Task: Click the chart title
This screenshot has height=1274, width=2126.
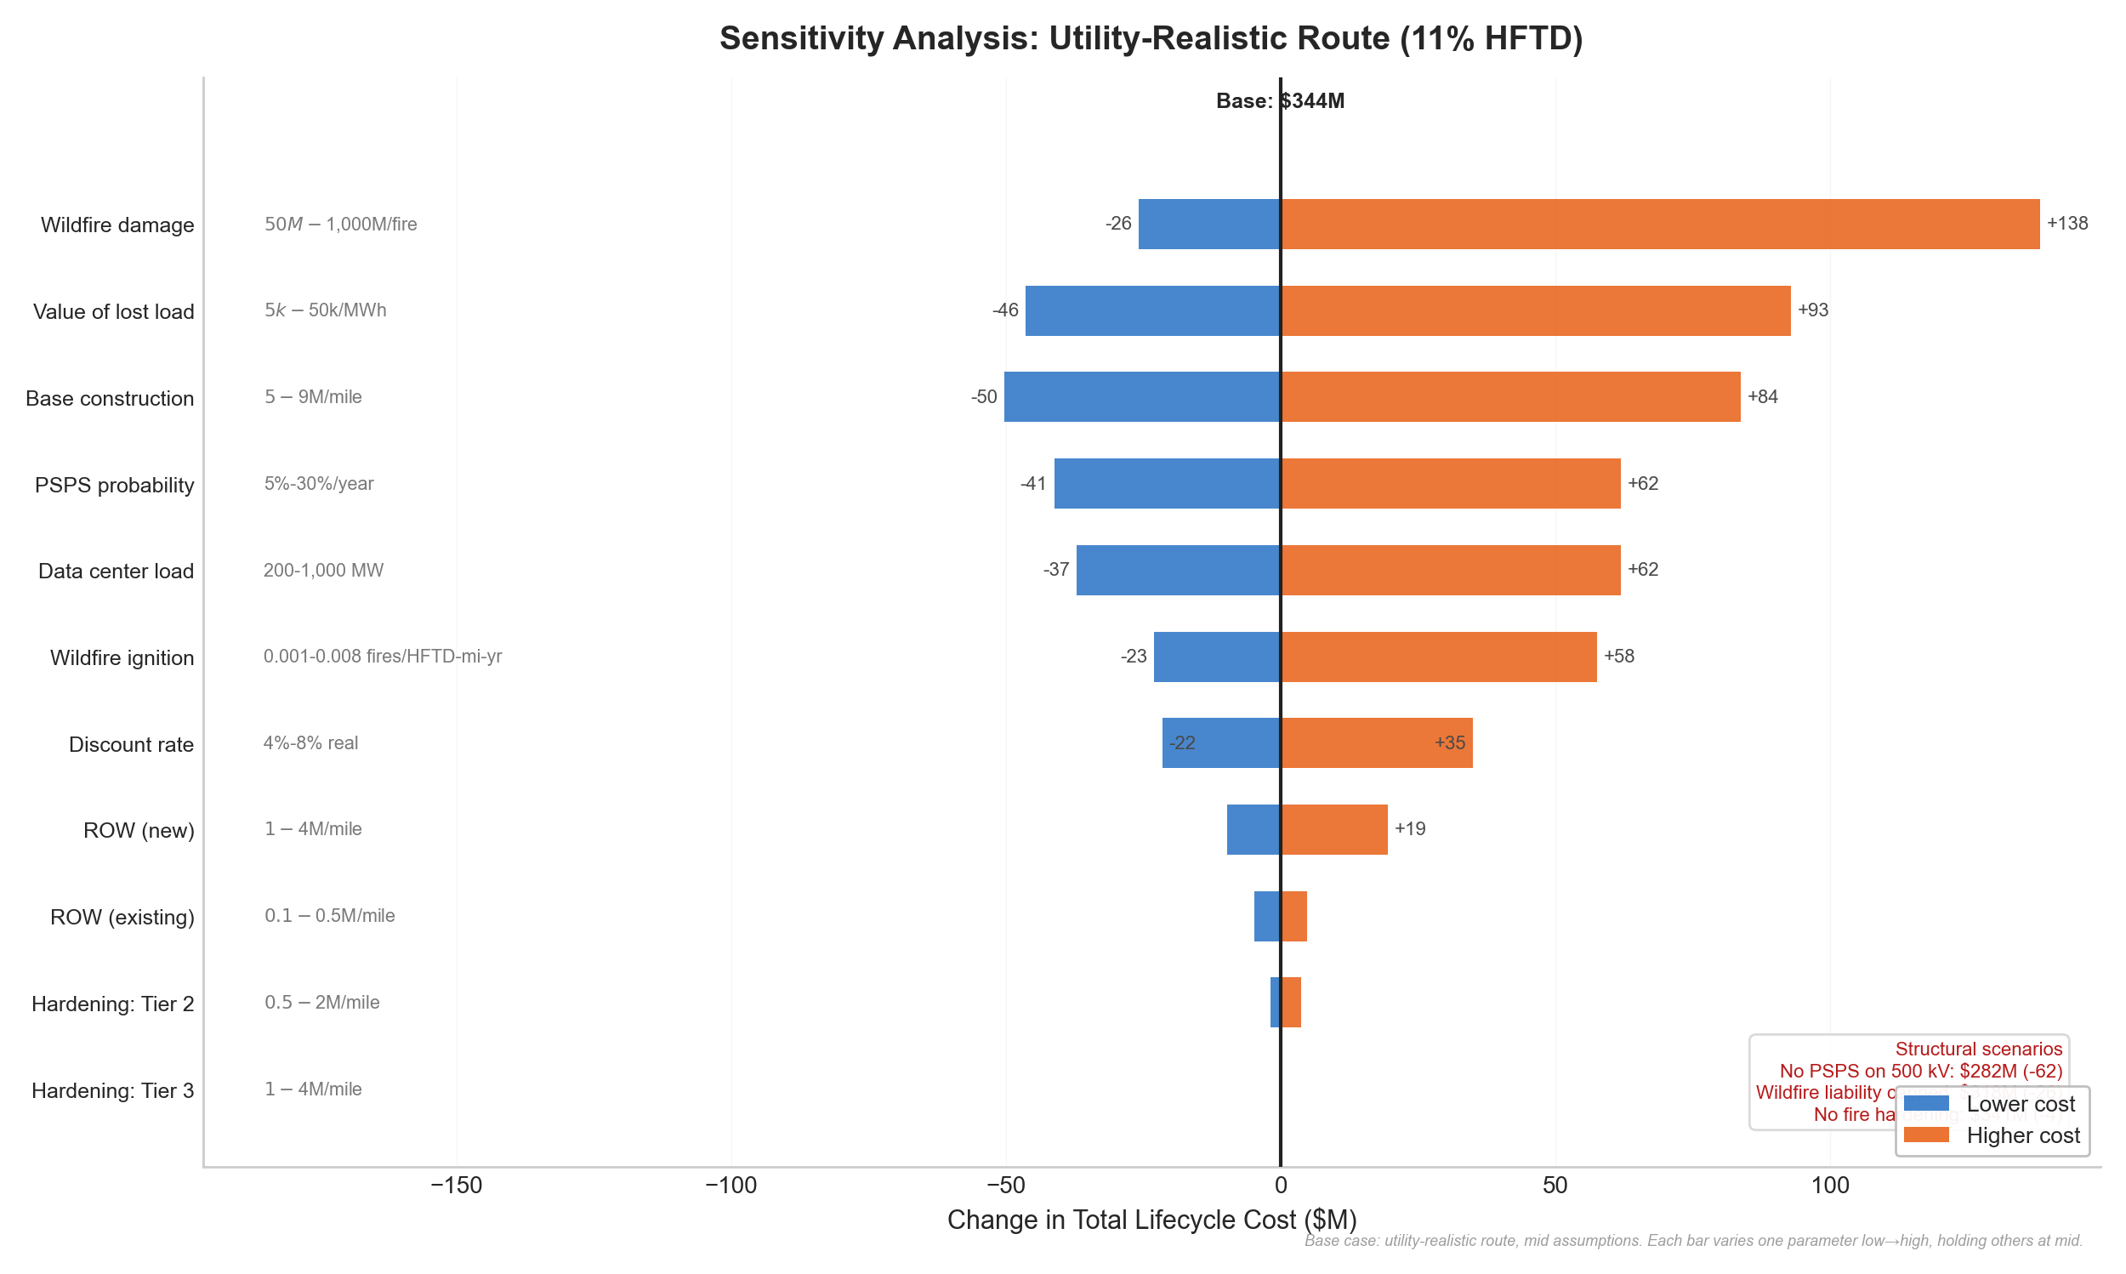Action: (1150, 38)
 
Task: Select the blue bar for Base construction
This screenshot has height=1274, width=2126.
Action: (1141, 396)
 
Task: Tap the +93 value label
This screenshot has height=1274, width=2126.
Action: (1812, 310)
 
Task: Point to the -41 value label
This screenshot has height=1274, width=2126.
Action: (1032, 483)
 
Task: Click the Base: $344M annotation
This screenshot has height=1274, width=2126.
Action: (1280, 101)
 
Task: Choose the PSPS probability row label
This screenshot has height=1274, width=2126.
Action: (114, 485)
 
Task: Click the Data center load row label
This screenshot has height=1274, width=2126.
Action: (116, 571)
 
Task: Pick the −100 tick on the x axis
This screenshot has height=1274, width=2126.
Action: (730, 1186)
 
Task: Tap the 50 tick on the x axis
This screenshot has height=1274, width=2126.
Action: (1555, 1186)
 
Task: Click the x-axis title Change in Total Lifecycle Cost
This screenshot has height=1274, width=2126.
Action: (1151, 1220)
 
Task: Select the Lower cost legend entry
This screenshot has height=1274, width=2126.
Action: (2019, 1104)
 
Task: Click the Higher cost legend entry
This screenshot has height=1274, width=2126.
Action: (2021, 1135)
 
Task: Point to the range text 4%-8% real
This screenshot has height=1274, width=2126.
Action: (310, 742)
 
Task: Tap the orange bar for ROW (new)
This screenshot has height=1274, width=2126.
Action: (1333, 829)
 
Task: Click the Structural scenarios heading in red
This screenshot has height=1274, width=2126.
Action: (1977, 1049)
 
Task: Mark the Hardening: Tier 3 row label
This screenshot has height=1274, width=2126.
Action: (112, 1090)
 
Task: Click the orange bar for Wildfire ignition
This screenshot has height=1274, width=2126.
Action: (1438, 657)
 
